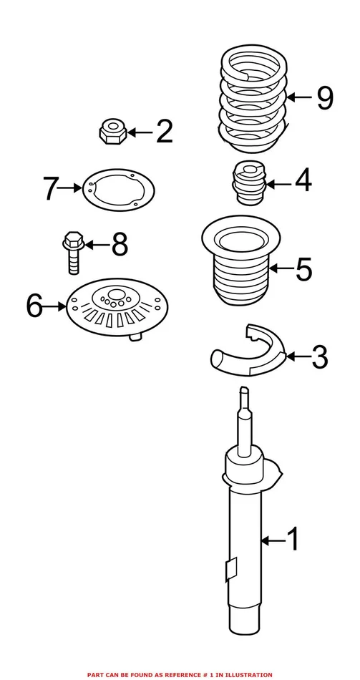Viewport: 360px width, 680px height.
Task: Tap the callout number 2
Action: tap(164, 132)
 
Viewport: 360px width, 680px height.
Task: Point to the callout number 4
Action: tap(303, 181)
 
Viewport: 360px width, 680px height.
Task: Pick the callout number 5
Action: tap(303, 270)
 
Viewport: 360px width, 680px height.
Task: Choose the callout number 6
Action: tap(35, 306)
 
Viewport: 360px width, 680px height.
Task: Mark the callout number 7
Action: tap(49, 189)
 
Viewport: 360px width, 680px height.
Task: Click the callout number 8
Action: tap(120, 246)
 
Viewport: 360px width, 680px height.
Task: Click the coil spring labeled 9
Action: tap(251, 100)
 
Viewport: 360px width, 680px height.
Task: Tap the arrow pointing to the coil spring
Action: tap(301, 98)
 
